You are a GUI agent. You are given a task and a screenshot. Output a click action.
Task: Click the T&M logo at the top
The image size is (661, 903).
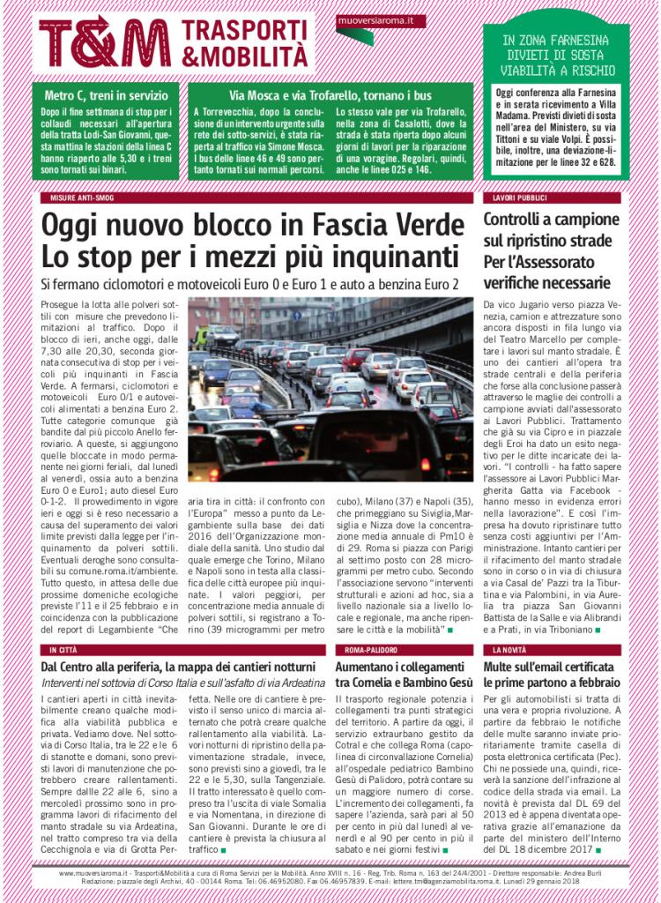[104, 42]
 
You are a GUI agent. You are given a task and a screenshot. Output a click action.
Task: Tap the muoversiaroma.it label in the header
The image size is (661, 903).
[381, 19]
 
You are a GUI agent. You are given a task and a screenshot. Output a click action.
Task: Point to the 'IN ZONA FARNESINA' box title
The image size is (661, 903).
[555, 40]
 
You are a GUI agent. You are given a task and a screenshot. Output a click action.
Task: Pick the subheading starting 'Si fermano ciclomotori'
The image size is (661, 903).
[250, 285]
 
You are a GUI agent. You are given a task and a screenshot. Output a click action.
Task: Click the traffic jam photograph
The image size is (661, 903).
[330, 388]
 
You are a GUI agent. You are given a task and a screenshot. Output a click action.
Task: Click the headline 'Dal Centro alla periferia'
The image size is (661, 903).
[177, 667]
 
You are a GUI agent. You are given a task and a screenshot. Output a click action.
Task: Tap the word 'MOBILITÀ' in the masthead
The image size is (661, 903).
[244, 56]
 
